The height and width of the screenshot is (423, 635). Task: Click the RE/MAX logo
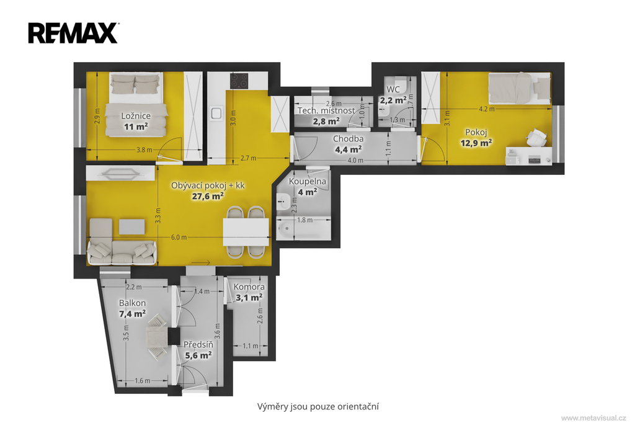[73, 33]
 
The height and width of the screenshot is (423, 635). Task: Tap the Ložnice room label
[136, 116]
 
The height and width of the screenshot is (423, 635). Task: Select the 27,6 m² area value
[208, 196]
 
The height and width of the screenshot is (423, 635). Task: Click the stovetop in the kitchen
[239, 81]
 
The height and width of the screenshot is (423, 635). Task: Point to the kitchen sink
[216, 113]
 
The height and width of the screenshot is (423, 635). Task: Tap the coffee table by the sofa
[131, 227]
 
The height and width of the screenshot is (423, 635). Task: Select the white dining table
[246, 232]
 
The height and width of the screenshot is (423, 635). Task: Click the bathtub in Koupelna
[304, 229]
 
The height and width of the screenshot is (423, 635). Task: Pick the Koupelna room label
[308, 182]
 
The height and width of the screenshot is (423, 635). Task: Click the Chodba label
[349, 138]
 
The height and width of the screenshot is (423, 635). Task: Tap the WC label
[393, 89]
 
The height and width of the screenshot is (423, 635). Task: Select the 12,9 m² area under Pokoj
[476, 143]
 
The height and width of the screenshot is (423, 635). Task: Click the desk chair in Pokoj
[536, 137]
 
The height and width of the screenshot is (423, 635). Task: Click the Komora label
[249, 287]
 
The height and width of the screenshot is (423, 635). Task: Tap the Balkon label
[133, 303]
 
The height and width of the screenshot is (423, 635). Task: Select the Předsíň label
[198, 345]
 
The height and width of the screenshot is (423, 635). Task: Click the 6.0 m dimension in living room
[179, 237]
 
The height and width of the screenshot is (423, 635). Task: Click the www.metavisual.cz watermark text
[593, 418]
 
